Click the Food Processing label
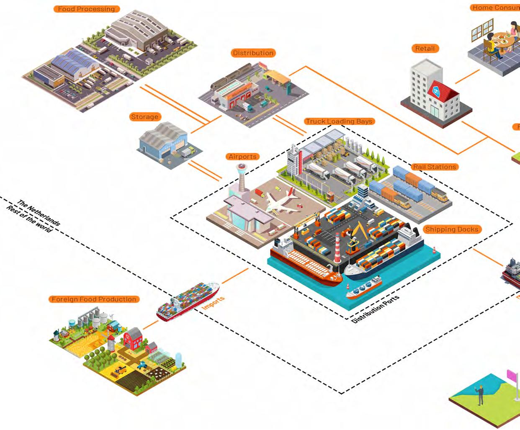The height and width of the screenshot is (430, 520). click(86, 9)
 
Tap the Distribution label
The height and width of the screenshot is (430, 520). click(253, 53)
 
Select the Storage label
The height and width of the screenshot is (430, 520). click(144, 117)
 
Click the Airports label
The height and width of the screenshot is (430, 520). click(242, 157)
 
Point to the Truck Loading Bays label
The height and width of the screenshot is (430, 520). click(339, 121)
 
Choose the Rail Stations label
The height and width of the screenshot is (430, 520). click(434, 167)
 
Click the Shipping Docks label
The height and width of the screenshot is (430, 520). click(451, 229)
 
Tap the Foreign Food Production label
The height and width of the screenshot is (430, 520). click(94, 299)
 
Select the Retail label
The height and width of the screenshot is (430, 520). click(425, 49)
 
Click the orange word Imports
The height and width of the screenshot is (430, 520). click(213, 303)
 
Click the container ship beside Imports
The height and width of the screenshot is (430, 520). click(188, 301)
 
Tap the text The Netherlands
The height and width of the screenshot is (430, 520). click(40, 214)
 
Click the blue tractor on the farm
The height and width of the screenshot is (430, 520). click(142, 364)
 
